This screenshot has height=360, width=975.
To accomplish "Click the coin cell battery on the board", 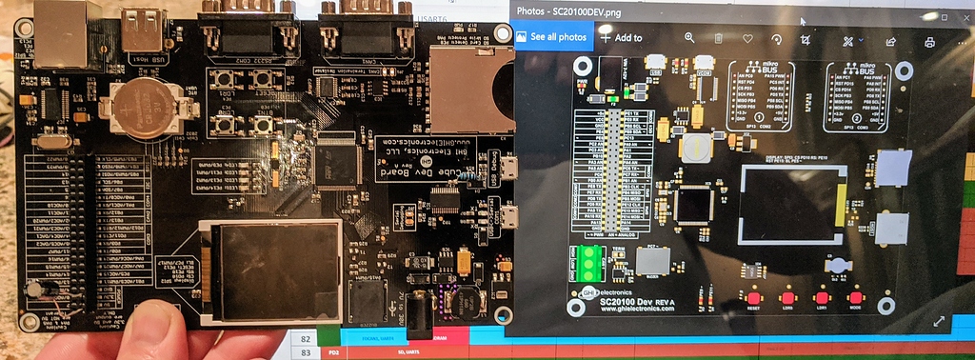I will [145, 108].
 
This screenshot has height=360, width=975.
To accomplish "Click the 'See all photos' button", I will [552, 36].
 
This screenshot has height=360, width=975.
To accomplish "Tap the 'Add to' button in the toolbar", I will [621, 38].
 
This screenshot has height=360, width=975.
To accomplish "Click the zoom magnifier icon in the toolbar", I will [690, 38].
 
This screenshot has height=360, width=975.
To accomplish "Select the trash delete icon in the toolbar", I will [719, 38].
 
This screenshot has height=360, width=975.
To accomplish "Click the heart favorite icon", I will [747, 38].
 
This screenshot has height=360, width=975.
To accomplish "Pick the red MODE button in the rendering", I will [854, 296].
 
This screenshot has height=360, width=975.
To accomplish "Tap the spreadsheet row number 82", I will [306, 338].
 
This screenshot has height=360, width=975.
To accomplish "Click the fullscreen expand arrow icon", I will [939, 322].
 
